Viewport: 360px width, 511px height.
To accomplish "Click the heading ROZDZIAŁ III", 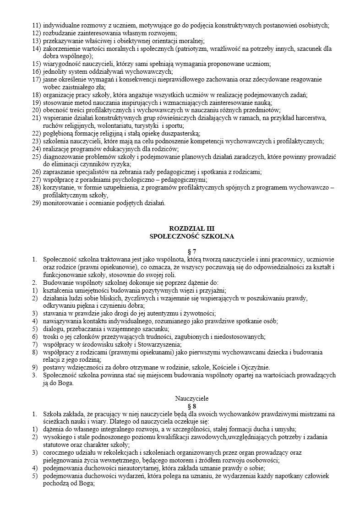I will tap(191, 228).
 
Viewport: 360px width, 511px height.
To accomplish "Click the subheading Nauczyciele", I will tap(191, 398).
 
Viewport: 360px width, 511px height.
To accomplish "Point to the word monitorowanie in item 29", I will tap(62, 202).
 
